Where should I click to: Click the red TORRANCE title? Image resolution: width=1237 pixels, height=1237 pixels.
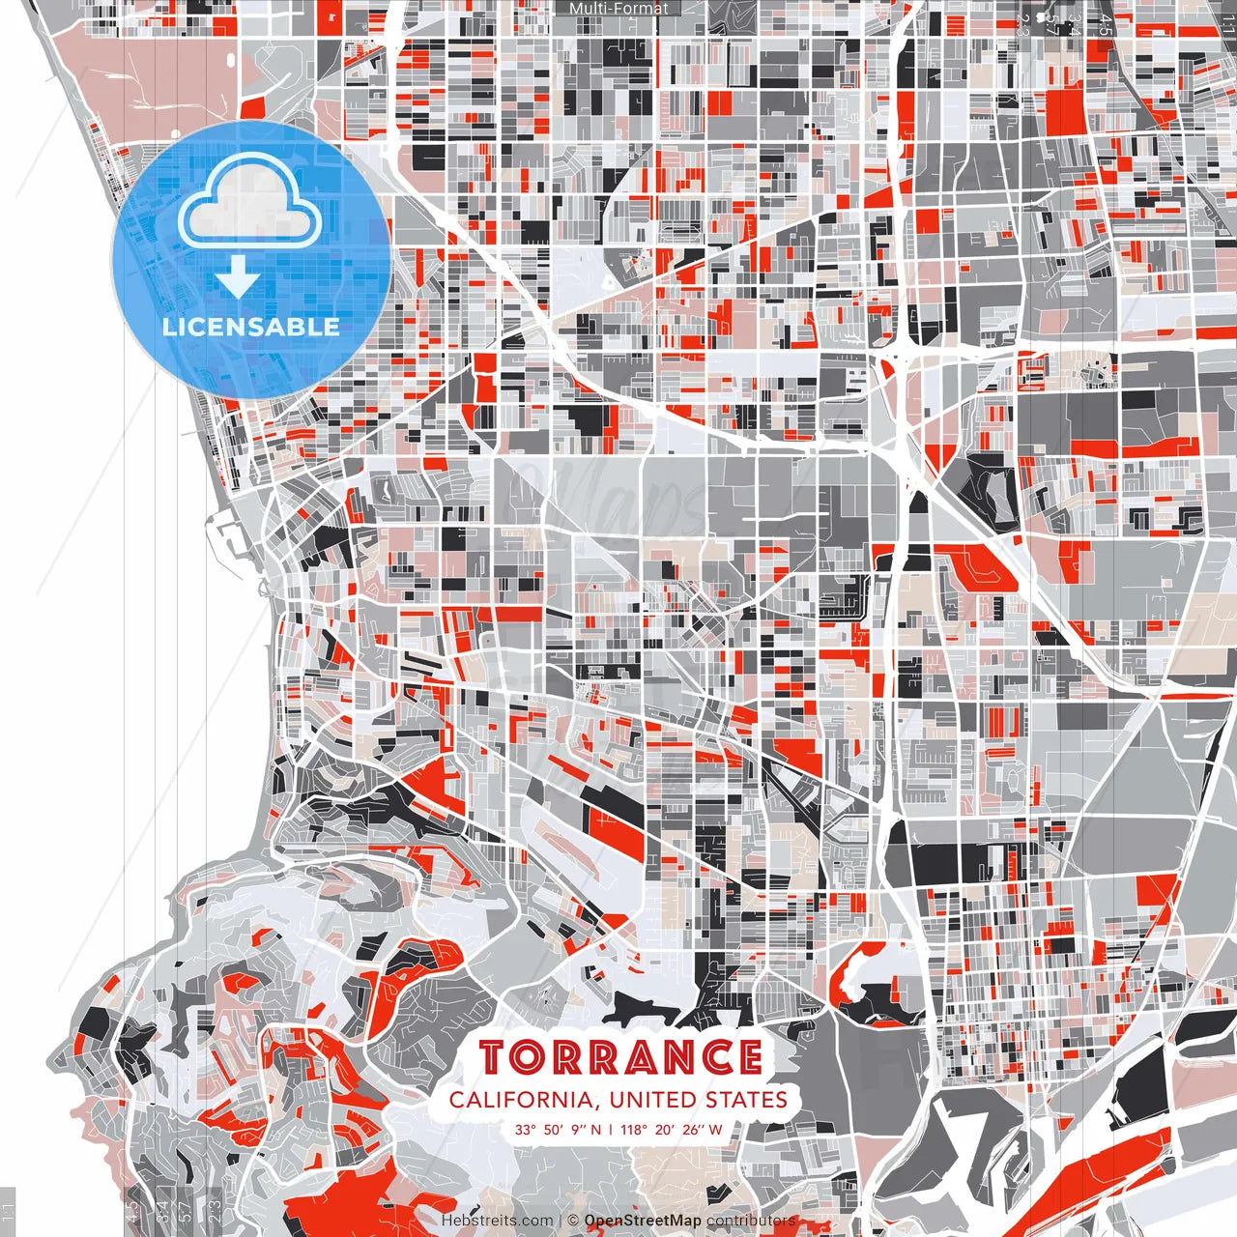tap(619, 1057)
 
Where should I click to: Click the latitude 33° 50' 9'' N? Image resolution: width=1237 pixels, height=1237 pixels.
tap(558, 1129)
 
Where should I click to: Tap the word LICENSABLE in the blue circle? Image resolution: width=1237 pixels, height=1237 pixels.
tap(251, 327)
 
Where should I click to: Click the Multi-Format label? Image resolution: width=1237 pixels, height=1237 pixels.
tap(618, 9)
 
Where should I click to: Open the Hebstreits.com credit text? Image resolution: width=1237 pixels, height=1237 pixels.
tap(498, 1221)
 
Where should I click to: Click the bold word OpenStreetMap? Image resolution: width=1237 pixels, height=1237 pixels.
tap(643, 1221)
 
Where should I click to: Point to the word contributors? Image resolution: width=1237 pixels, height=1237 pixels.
tap(750, 1221)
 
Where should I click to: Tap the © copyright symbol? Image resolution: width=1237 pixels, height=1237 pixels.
tap(572, 1221)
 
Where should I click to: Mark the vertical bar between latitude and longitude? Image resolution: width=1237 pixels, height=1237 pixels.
tap(611, 1129)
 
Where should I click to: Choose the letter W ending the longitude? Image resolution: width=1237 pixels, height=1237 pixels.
tap(715, 1129)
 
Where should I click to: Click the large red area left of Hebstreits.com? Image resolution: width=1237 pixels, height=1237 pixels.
tap(348, 1198)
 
